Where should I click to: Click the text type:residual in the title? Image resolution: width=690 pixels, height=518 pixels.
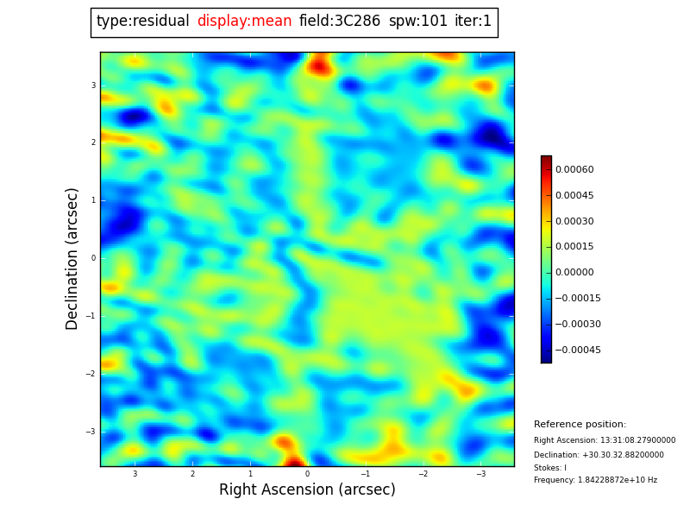coord(142,22)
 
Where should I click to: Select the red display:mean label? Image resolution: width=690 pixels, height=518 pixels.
coord(244,22)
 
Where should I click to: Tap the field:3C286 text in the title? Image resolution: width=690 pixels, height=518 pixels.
coord(340,22)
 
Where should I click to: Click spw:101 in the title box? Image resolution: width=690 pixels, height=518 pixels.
coord(417,22)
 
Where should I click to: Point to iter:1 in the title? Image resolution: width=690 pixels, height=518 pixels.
coord(473,22)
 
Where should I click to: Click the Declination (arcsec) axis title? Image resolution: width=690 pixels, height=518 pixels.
coord(72,258)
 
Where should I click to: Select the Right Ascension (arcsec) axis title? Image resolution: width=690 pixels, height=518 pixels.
coord(307,490)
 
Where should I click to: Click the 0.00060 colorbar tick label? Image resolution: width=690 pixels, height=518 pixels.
coord(574,170)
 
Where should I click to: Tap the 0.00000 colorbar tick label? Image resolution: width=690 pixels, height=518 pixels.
coord(574,273)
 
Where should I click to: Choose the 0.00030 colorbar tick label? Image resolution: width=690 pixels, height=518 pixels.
coord(574,222)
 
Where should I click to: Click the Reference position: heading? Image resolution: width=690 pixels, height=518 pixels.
coord(580,425)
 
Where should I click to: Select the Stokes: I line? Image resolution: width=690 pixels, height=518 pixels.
coord(550,468)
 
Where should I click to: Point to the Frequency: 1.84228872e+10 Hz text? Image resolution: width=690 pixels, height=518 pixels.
coord(595,480)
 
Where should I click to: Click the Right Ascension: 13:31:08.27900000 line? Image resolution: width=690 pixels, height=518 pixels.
coord(605,440)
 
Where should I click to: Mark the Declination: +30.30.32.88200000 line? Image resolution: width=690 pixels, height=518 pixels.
coord(599,455)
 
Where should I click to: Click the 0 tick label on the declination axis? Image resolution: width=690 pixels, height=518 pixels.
coord(92,258)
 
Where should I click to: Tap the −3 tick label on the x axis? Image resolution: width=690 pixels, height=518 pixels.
coord(480,474)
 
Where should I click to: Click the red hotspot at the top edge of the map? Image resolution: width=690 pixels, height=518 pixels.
coord(320,64)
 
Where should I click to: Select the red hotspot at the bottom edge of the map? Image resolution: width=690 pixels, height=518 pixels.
coord(293,461)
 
